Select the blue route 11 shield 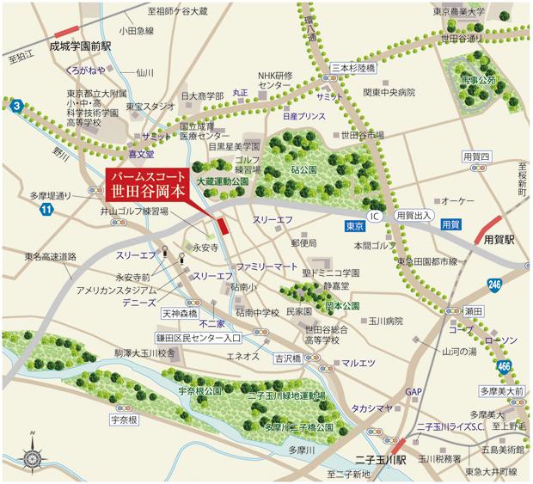point(46,208)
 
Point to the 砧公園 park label point(304,170)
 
